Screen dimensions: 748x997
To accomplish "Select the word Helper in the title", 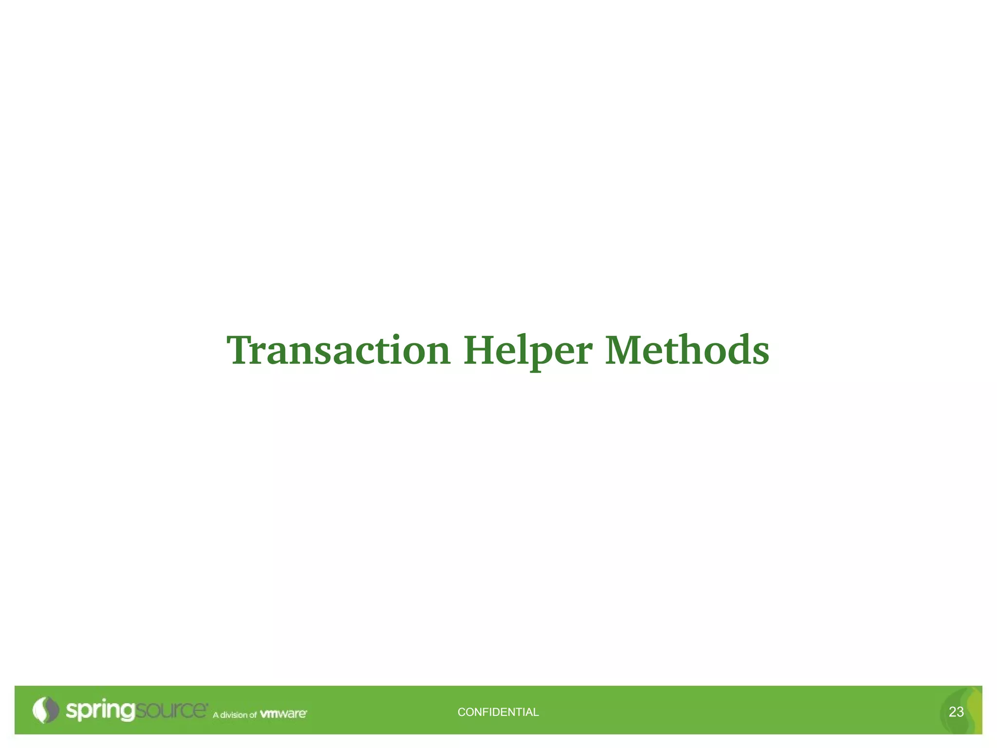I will [x=528, y=351].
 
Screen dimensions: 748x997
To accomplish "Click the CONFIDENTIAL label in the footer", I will [x=498, y=712].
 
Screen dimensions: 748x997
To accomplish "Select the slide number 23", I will [x=956, y=712].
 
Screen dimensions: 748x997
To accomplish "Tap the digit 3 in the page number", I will [x=960, y=712].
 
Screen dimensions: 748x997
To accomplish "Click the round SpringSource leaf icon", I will [x=45, y=710].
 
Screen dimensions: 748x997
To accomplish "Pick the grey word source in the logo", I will [x=170, y=711].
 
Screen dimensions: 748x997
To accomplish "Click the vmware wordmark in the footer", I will [x=283, y=714].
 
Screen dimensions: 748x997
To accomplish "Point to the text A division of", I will [x=235, y=715].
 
